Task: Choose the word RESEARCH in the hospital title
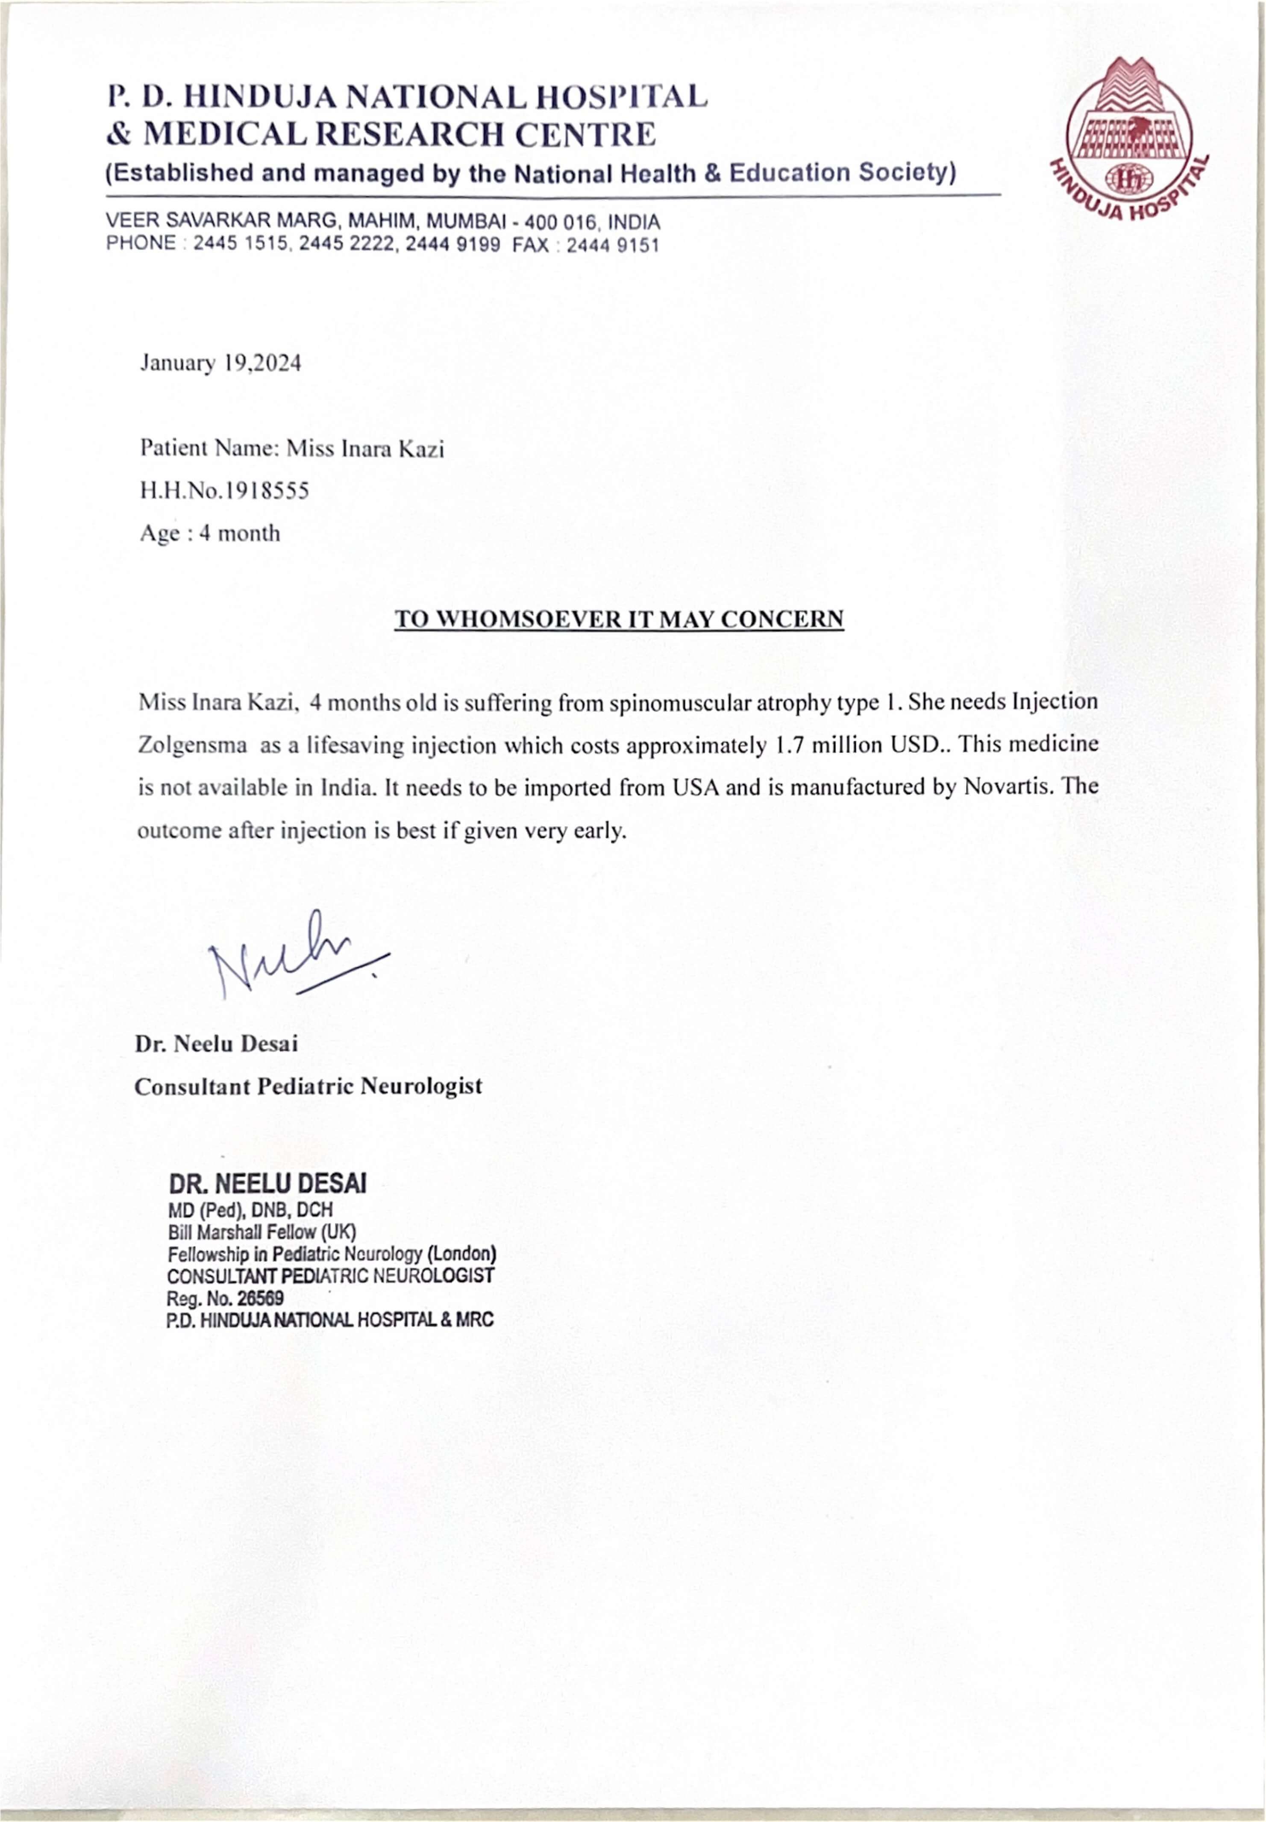[411, 135]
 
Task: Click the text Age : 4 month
[210, 534]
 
